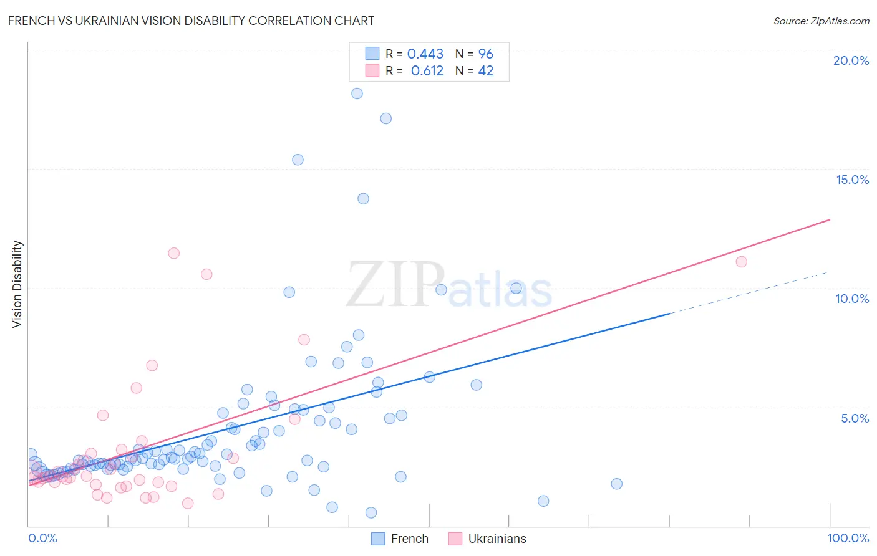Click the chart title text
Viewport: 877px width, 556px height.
[191, 21]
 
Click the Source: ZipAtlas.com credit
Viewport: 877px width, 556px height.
[821, 21]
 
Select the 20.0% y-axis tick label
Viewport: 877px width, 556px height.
[851, 60]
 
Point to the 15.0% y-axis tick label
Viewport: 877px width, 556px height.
[852, 180]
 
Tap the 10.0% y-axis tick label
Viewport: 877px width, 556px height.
[852, 299]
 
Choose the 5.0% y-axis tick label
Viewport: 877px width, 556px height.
[855, 418]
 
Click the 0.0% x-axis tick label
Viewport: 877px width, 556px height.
[42, 538]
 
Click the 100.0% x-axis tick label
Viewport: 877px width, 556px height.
[848, 538]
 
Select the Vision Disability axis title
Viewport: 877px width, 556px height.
[17, 284]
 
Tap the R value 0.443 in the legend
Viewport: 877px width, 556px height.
[425, 54]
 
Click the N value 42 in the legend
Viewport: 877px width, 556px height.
[485, 71]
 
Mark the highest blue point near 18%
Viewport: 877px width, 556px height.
[357, 93]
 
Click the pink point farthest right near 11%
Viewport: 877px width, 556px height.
[741, 262]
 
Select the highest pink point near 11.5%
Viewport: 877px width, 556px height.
[174, 253]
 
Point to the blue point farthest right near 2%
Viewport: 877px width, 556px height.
[616, 484]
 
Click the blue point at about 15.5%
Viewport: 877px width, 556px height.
[298, 160]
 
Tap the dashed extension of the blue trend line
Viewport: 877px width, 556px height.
[749, 293]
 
